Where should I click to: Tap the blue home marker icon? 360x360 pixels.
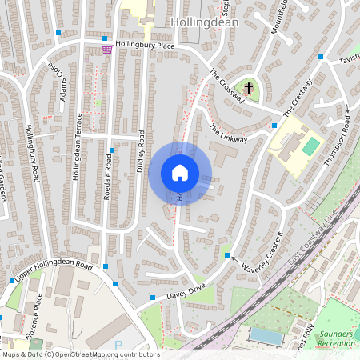(180, 173)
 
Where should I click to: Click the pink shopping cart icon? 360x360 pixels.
(106, 50)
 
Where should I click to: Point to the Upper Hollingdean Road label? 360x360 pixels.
(55, 271)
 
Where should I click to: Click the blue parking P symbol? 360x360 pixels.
(119, 345)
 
